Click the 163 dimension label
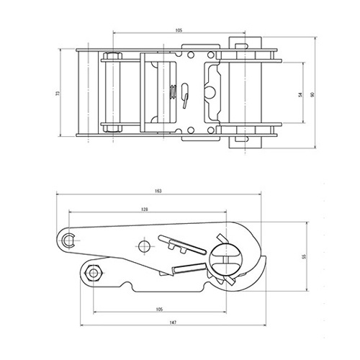pyautogui.click(x=158, y=191)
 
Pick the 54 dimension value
pyautogui.click(x=300, y=94)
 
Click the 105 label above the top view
pyautogui.click(x=178, y=30)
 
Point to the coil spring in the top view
pyautogui.click(x=172, y=91)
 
